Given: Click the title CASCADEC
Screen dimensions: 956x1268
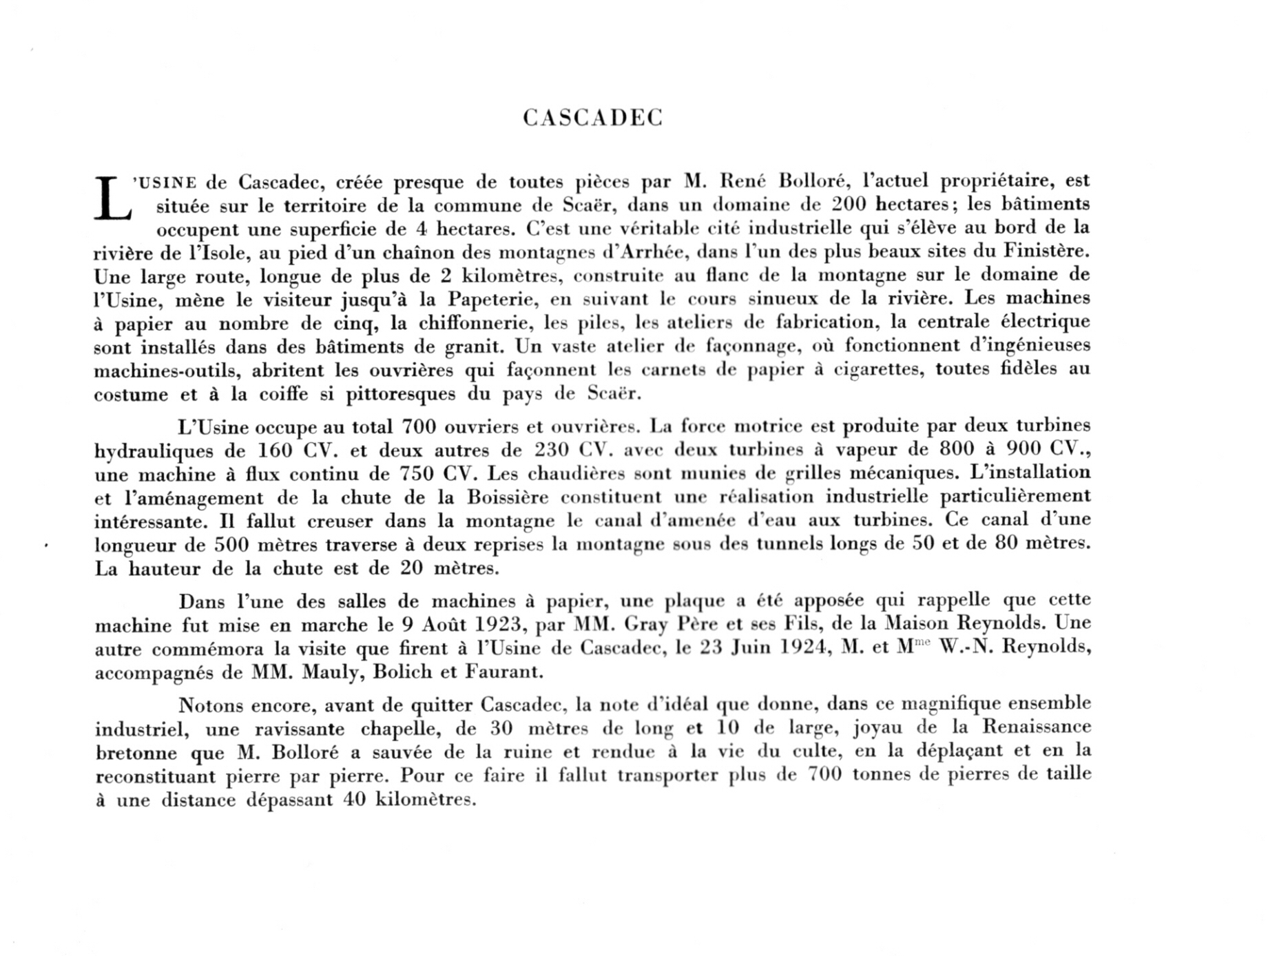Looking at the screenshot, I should click(x=592, y=118).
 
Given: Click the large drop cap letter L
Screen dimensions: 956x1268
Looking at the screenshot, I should click(x=112, y=199).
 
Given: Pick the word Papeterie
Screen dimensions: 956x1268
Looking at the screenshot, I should click(x=494, y=300).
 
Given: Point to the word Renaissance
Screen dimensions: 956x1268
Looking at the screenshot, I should click(x=1037, y=727).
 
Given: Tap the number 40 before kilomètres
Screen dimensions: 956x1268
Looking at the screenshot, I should click(x=355, y=800).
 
